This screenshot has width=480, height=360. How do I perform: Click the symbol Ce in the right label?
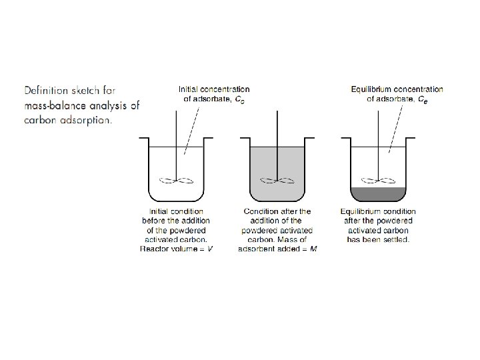pos(423,99)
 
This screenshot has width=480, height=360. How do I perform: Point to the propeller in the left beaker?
pos(177,179)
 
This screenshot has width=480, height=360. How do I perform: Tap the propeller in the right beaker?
pos(378,179)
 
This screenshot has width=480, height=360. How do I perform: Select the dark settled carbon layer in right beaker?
pos(379,194)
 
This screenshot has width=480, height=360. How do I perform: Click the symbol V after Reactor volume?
pos(210,249)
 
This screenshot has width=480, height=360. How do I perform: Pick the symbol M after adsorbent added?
pos(313,249)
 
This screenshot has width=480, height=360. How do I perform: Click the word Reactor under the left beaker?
pos(155,249)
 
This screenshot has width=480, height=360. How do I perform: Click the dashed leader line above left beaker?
pos(192,127)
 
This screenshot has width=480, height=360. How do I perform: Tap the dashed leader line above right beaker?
pos(394,127)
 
